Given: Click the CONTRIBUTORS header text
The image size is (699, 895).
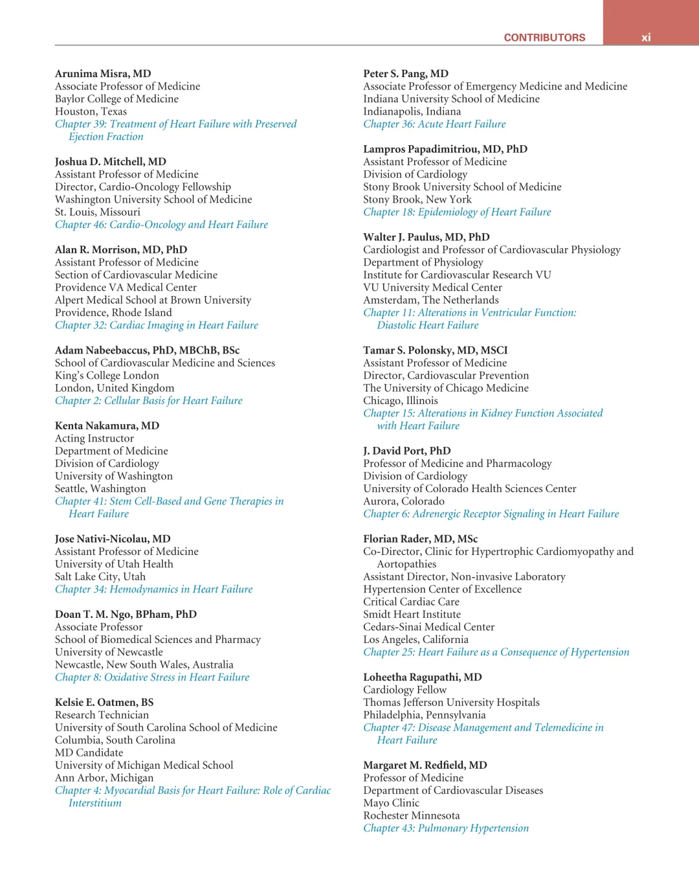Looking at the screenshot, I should (x=544, y=38).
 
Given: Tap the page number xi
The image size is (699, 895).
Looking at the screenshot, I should (x=646, y=38).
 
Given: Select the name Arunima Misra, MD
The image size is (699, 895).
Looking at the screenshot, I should (x=103, y=74).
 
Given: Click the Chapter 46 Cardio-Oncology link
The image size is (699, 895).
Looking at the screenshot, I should (x=161, y=225).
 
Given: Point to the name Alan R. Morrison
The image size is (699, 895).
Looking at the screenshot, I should (x=121, y=250).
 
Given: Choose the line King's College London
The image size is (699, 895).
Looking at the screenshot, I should (x=107, y=376).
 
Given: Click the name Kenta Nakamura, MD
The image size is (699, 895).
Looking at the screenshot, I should (x=107, y=426).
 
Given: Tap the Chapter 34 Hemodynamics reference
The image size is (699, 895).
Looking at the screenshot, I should (x=153, y=589).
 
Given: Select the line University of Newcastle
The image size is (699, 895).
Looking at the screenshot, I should (x=109, y=652).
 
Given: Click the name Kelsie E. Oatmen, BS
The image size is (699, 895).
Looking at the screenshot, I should (x=104, y=703).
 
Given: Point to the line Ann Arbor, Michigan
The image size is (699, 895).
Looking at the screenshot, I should (x=104, y=778).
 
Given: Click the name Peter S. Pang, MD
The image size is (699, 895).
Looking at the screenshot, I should (x=406, y=74).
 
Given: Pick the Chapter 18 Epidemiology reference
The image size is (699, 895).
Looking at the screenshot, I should (x=457, y=212).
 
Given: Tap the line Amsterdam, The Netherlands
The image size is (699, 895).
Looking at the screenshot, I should (x=431, y=300).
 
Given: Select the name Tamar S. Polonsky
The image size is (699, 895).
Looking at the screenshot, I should (x=435, y=350).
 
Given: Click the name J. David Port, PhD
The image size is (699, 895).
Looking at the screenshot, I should (x=406, y=451).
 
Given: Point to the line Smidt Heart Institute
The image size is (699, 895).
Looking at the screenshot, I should (x=412, y=615).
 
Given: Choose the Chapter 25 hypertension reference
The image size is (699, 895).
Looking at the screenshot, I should (x=496, y=652).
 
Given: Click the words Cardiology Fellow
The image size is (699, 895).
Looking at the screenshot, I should (x=405, y=690).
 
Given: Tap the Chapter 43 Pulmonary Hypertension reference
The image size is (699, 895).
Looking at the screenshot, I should (x=446, y=828).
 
